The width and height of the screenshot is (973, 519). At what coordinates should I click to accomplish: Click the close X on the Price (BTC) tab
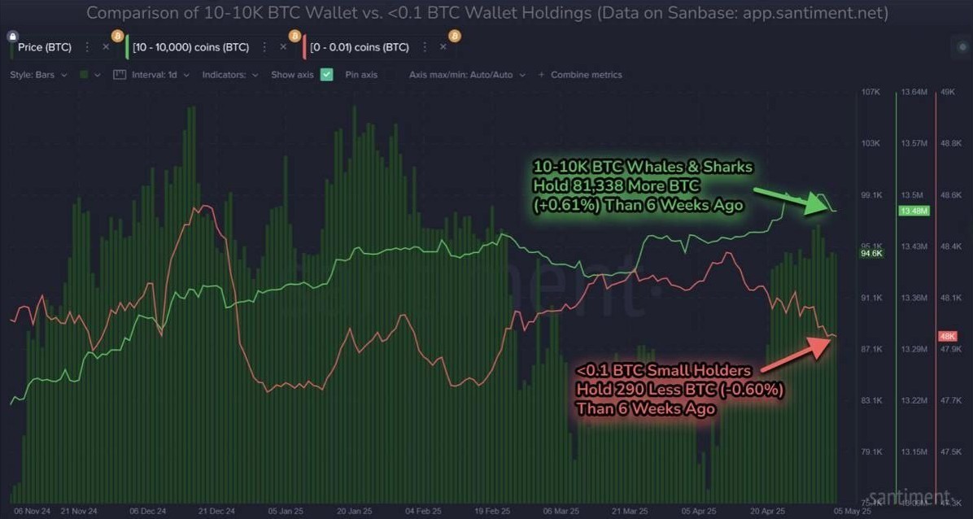pyautogui.click(x=105, y=47)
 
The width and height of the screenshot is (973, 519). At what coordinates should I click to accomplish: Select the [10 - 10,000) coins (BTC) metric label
pyautogui.click(x=190, y=47)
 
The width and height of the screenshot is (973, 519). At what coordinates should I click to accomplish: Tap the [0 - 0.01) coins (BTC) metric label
pyautogui.click(x=360, y=47)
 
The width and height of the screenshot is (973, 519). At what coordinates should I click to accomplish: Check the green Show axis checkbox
pyautogui.click(x=327, y=75)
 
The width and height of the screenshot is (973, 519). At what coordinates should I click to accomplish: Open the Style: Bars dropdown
pyautogui.click(x=39, y=75)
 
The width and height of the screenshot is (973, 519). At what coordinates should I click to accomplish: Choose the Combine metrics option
pyautogui.click(x=586, y=75)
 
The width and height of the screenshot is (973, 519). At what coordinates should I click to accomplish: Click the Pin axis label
pyautogui.click(x=361, y=75)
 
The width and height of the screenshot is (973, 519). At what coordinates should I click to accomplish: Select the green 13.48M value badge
pyautogui.click(x=914, y=211)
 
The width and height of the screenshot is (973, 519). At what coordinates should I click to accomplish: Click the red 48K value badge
pyautogui.click(x=947, y=336)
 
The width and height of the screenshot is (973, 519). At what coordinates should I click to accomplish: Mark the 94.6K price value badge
pyautogui.click(x=870, y=254)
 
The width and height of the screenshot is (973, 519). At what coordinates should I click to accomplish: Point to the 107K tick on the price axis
pyautogui.click(x=870, y=93)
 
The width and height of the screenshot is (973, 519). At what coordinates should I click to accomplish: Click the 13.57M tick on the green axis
pyautogui.click(x=914, y=144)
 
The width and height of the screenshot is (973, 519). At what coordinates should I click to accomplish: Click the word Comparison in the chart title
pyautogui.click(x=131, y=13)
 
